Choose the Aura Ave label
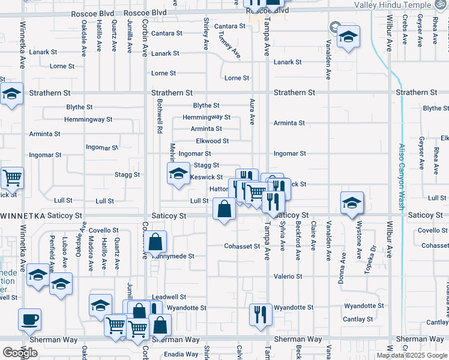click(253, 112)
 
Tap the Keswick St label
click(206, 177)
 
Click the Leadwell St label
click(169, 297)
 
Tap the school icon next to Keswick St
click(178, 174)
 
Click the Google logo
click(20, 353)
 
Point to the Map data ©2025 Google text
click(412, 355)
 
